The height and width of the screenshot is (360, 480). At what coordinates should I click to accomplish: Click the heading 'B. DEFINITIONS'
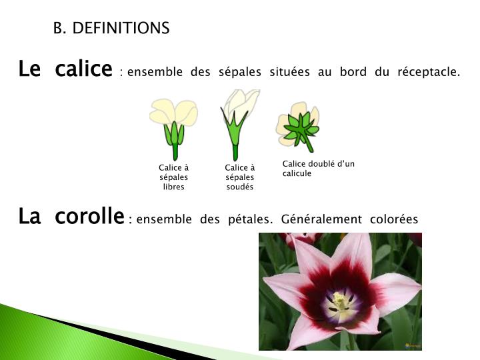(111, 28)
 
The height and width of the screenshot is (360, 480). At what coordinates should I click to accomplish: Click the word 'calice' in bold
(84, 69)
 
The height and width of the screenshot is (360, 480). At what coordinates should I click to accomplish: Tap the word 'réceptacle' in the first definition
(428, 72)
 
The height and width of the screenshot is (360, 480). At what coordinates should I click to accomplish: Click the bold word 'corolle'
(90, 217)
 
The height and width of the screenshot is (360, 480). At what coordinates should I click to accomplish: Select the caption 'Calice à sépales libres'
(173, 177)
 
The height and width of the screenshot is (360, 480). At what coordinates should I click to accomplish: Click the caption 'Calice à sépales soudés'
(240, 177)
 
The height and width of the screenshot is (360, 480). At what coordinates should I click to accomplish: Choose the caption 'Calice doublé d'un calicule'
(319, 169)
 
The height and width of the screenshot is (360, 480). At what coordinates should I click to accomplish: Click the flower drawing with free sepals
(173, 127)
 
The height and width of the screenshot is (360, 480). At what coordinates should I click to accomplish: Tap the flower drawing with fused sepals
(238, 123)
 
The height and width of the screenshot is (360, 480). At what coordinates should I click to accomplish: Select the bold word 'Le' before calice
(30, 69)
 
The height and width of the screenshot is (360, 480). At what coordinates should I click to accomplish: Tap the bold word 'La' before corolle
(30, 217)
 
